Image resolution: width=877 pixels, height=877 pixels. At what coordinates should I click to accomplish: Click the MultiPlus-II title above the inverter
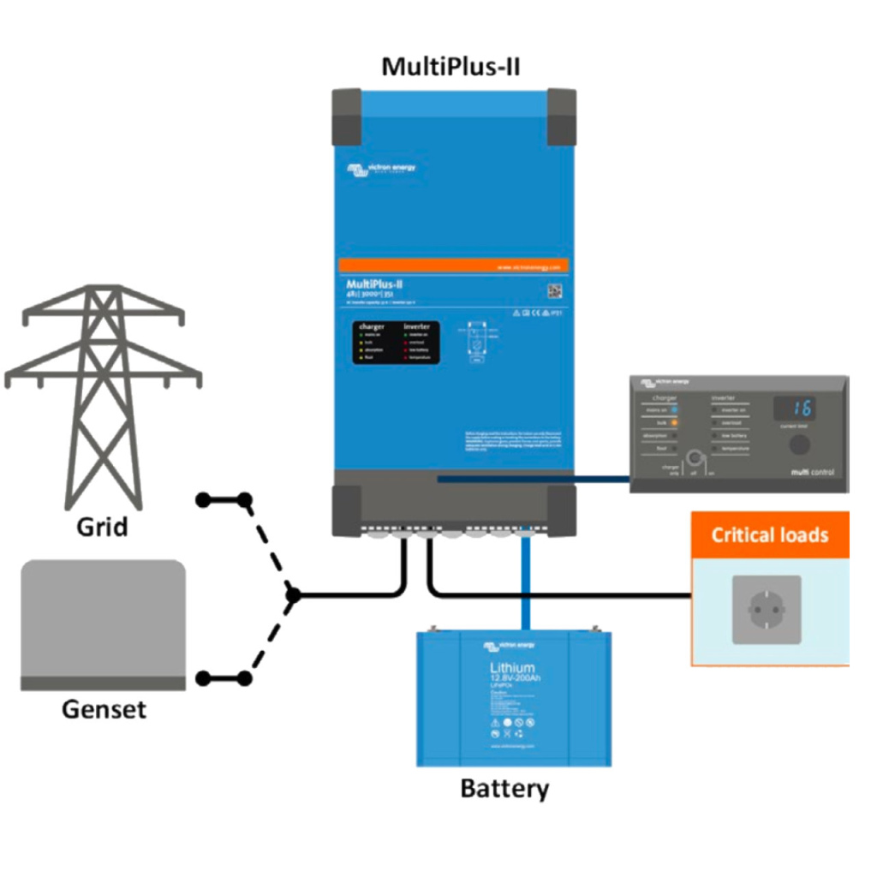click(x=450, y=66)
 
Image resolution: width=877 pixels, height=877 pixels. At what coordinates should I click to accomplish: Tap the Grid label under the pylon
click(x=102, y=526)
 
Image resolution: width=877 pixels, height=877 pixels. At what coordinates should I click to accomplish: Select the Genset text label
click(x=104, y=709)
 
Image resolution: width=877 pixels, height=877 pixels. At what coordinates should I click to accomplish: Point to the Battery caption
click(x=504, y=788)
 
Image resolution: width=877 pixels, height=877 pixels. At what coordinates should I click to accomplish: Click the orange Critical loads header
click(x=770, y=535)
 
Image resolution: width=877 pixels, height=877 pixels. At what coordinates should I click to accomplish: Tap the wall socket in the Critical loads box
click(x=767, y=610)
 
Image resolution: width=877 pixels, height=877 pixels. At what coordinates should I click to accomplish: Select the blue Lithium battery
click(x=514, y=698)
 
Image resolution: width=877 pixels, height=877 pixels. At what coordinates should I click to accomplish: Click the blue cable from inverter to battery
click(x=523, y=582)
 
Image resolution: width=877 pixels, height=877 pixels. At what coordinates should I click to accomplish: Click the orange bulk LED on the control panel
click(x=675, y=422)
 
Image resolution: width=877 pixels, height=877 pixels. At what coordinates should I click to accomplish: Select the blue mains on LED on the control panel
click(x=675, y=410)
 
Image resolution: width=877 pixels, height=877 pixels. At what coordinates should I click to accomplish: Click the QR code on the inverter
click(x=554, y=291)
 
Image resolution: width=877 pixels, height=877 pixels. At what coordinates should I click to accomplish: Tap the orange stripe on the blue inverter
click(x=454, y=266)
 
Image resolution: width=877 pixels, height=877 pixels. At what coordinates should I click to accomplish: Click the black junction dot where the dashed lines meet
click(x=293, y=594)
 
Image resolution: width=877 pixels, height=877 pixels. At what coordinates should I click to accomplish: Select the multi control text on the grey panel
click(x=810, y=473)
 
